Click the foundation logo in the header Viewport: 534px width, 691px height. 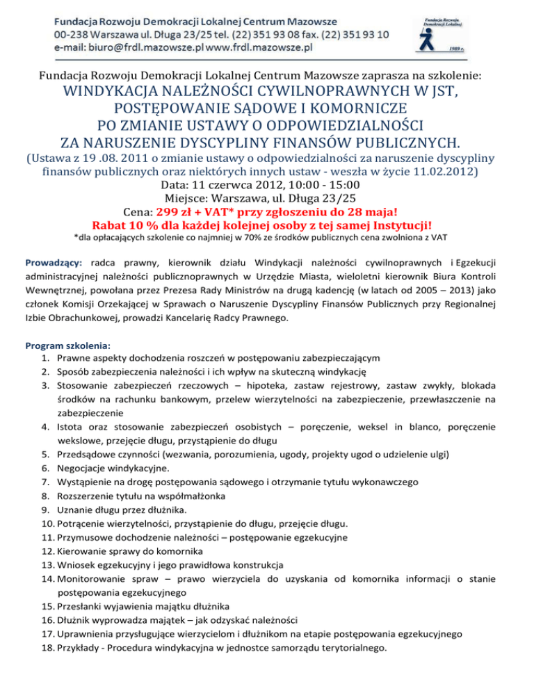click(x=447, y=31)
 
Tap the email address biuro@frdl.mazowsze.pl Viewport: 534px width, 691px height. click(x=149, y=47)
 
